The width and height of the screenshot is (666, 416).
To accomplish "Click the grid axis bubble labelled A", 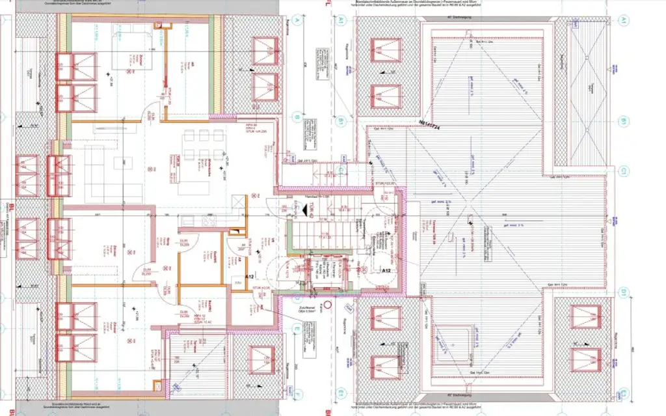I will (x=297, y=20).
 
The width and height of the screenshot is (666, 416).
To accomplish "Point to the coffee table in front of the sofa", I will (x=121, y=161).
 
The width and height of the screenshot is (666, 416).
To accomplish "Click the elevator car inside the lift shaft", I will (x=324, y=274).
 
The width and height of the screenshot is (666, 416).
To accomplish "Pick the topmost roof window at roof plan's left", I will (x=386, y=49).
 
